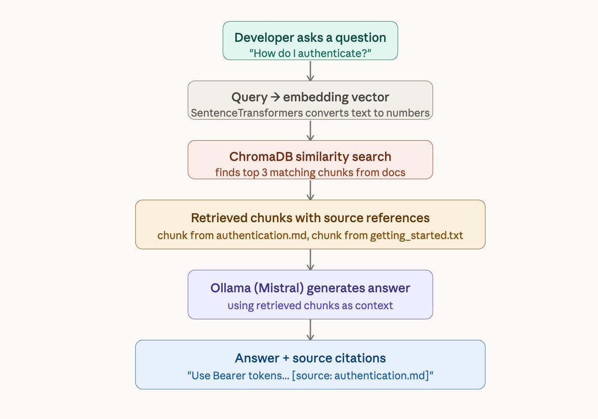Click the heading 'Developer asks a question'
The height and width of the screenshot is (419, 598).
tap(310, 38)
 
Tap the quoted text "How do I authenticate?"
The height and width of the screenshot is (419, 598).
tap(310, 54)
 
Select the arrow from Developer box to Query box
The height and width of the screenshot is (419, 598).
tap(310, 71)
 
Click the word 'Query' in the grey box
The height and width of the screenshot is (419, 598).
tap(249, 97)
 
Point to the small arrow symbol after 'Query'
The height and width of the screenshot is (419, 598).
tap(275, 97)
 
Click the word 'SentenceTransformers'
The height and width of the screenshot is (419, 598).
tap(247, 113)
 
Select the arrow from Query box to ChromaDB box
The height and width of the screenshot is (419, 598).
tap(310, 130)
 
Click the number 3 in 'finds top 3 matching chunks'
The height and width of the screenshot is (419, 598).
tap(264, 173)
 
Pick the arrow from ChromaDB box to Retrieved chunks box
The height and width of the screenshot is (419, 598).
tap(310, 190)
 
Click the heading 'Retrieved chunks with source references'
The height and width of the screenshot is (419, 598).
tap(310, 218)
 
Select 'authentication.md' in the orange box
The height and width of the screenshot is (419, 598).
tap(261, 235)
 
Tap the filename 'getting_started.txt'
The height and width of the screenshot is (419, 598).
tap(416, 235)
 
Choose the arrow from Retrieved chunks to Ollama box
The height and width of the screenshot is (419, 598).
tap(310, 259)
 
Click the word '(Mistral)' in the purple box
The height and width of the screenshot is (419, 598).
tap(278, 288)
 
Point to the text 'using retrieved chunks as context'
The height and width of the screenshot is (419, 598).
tap(310, 306)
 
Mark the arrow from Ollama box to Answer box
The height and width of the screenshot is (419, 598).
tap(310, 329)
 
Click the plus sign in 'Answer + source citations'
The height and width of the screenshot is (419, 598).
tap(286, 359)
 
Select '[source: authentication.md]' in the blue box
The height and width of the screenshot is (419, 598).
tap(361, 376)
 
